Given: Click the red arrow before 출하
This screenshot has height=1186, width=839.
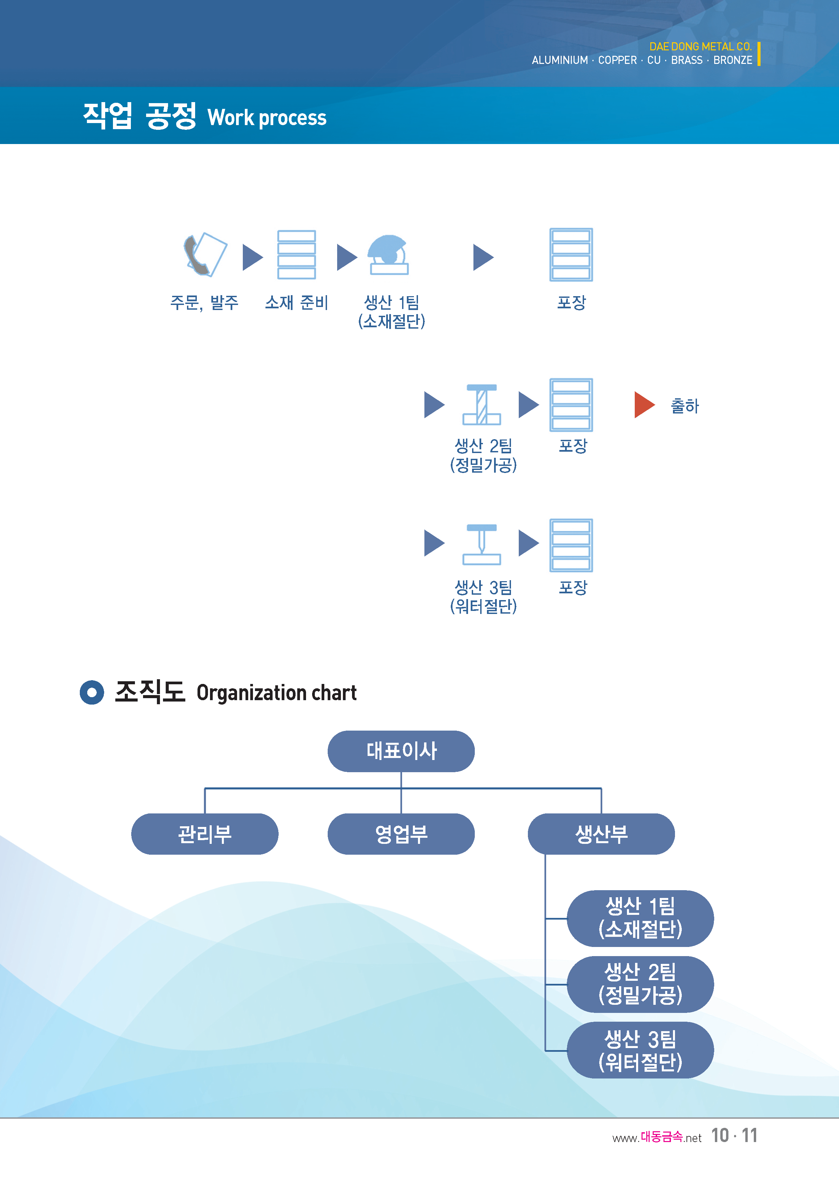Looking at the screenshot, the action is [644, 404].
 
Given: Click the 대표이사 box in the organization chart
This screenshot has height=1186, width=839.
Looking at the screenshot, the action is [401, 751].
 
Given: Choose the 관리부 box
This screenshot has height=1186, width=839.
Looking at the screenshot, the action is [205, 834].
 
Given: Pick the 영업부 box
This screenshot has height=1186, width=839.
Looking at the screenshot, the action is [401, 834].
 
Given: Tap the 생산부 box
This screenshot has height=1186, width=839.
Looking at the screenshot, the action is [601, 834].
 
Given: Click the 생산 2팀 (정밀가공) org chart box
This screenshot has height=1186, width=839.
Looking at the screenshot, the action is [640, 984].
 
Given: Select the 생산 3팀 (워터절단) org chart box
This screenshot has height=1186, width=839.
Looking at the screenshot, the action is [640, 1050].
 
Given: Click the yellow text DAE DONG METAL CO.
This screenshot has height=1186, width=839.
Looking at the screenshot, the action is [701, 47].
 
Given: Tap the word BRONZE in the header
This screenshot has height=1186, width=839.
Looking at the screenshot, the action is [732, 61].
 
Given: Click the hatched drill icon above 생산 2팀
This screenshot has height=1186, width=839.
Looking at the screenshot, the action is [482, 404].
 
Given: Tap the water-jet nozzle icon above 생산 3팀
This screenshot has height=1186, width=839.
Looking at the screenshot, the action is [482, 544].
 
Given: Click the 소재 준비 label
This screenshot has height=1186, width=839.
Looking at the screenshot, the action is [297, 303].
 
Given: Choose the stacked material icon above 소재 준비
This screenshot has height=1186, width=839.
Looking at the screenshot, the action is [297, 255].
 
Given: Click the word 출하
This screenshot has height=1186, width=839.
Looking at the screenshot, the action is [684, 406].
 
